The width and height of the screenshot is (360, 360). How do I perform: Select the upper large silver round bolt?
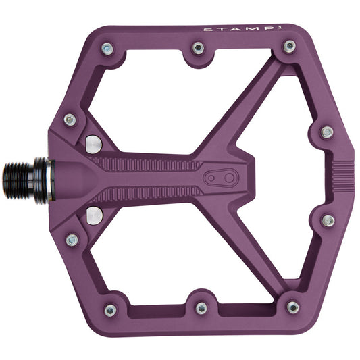94,143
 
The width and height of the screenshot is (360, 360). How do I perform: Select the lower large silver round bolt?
94,215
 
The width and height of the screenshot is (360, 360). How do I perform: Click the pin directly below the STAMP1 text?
198,48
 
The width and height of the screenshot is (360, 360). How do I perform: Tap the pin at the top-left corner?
107,49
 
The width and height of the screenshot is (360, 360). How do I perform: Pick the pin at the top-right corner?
289,47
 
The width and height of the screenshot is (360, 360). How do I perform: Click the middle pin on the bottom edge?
201,308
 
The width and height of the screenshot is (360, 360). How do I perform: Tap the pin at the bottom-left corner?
110,310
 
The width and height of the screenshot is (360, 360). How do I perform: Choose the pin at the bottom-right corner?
292,307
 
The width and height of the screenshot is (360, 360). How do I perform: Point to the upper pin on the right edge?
327,132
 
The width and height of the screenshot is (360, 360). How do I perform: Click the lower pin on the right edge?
328,221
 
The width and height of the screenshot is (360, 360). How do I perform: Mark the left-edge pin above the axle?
70,120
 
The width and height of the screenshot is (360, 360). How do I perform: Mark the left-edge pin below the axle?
72,239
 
